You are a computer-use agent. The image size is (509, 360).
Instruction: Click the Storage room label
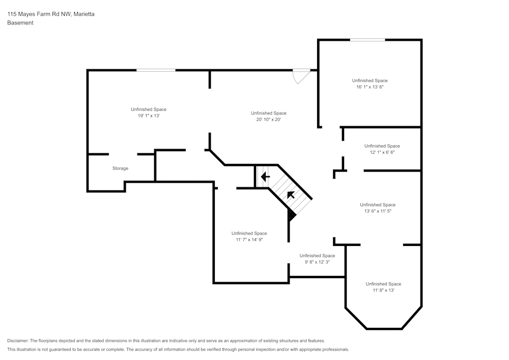(x=120, y=169)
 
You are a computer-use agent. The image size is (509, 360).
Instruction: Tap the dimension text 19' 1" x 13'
(x=149, y=116)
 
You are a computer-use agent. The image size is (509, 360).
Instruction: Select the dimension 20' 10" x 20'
(x=269, y=120)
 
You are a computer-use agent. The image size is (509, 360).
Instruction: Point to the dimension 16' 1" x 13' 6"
(x=370, y=87)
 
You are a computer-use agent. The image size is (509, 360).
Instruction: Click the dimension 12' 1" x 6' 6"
(x=382, y=152)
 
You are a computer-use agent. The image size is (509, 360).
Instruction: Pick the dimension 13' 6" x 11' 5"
(x=378, y=211)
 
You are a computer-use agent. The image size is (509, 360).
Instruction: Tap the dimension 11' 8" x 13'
(x=383, y=290)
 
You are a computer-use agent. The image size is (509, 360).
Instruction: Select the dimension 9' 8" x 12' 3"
(x=317, y=262)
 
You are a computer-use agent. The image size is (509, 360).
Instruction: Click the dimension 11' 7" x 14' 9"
(x=249, y=240)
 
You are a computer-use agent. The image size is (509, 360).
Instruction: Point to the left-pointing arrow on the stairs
(x=265, y=177)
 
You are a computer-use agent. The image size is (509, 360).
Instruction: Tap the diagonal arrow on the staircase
(x=291, y=195)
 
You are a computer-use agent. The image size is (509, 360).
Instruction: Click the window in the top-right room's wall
(x=367, y=40)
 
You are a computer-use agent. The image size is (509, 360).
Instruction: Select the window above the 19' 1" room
(x=156, y=70)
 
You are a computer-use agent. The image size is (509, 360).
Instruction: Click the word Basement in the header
(x=20, y=23)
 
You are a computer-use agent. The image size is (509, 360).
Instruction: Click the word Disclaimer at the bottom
(x=18, y=341)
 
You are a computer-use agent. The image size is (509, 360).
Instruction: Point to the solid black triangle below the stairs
(x=291, y=215)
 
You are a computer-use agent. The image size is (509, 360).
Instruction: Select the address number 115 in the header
(x=12, y=14)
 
